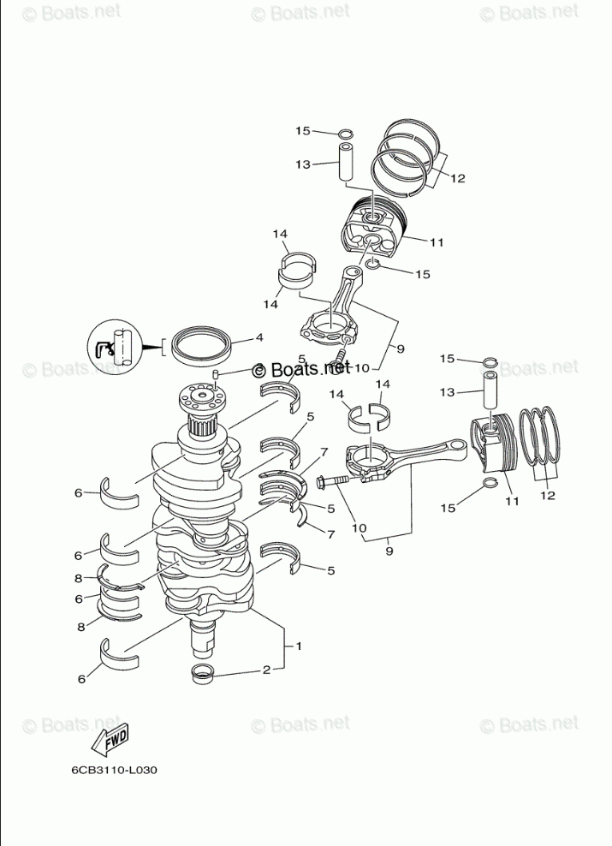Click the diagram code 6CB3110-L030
pos(114,769)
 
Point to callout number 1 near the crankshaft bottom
pos(298,646)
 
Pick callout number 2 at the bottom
pos(266,670)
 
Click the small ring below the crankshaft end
pos(205,673)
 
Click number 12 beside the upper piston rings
pos(456,178)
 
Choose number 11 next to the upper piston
pos(437,242)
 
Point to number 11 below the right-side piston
pos(511,500)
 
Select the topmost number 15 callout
pos(302,131)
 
